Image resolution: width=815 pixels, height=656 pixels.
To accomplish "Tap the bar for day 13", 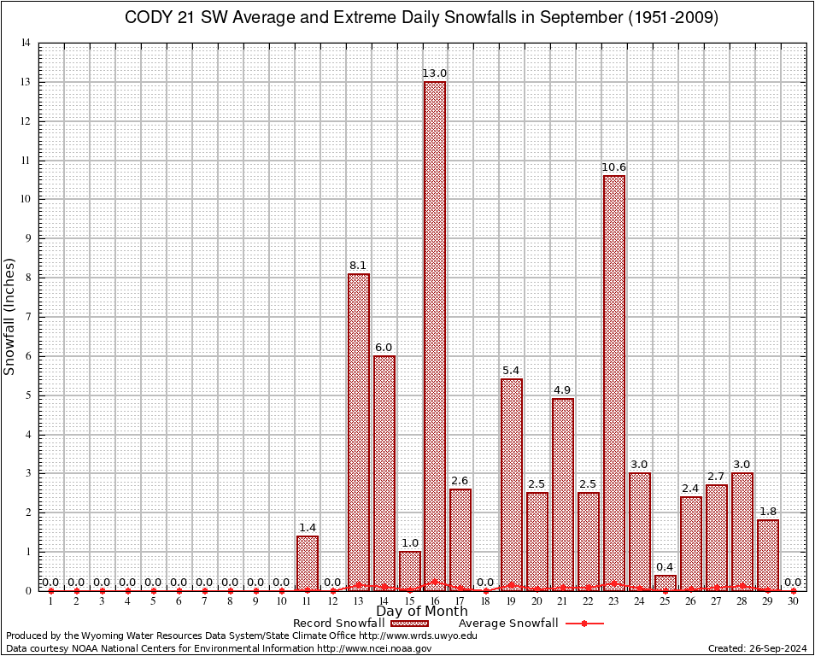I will [358, 431].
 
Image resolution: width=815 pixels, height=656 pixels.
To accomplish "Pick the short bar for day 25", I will [665, 583].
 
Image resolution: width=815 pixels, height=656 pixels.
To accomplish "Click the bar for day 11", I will [307, 563].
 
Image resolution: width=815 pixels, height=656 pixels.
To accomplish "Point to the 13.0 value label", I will [435, 74].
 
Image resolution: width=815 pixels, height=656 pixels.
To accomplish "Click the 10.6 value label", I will [613, 168].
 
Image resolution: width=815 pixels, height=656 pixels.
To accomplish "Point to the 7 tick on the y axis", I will [28, 317].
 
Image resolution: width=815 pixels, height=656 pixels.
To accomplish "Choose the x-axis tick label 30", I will [793, 602].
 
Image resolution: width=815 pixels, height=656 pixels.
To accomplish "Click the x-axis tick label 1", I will [51, 602].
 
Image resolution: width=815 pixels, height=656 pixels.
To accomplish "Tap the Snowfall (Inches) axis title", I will [10, 316].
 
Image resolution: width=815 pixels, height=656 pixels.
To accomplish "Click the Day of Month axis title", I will [421, 612].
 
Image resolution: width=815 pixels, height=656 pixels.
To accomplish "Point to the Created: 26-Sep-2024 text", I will [757, 648].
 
